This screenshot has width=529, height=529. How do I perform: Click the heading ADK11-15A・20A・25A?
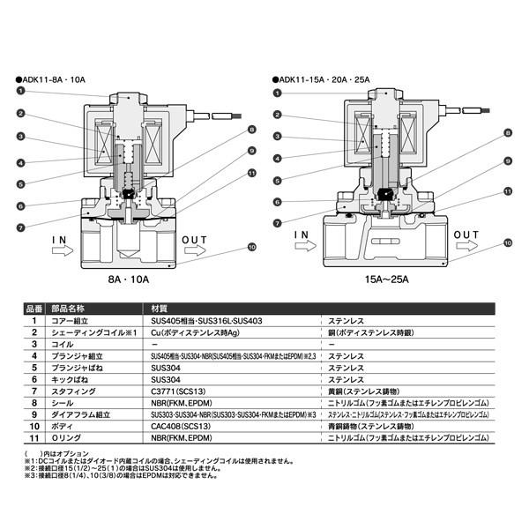tap(326, 79)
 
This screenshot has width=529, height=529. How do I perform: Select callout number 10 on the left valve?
tap(252, 248)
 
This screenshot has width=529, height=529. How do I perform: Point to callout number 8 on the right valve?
tap(508, 134)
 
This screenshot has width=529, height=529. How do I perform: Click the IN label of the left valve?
tap(59, 239)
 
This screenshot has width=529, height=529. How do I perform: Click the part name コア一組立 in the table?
tap(72, 322)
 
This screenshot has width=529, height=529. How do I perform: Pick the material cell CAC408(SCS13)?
tap(180, 425)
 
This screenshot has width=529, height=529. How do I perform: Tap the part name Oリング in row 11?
tap(70, 438)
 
